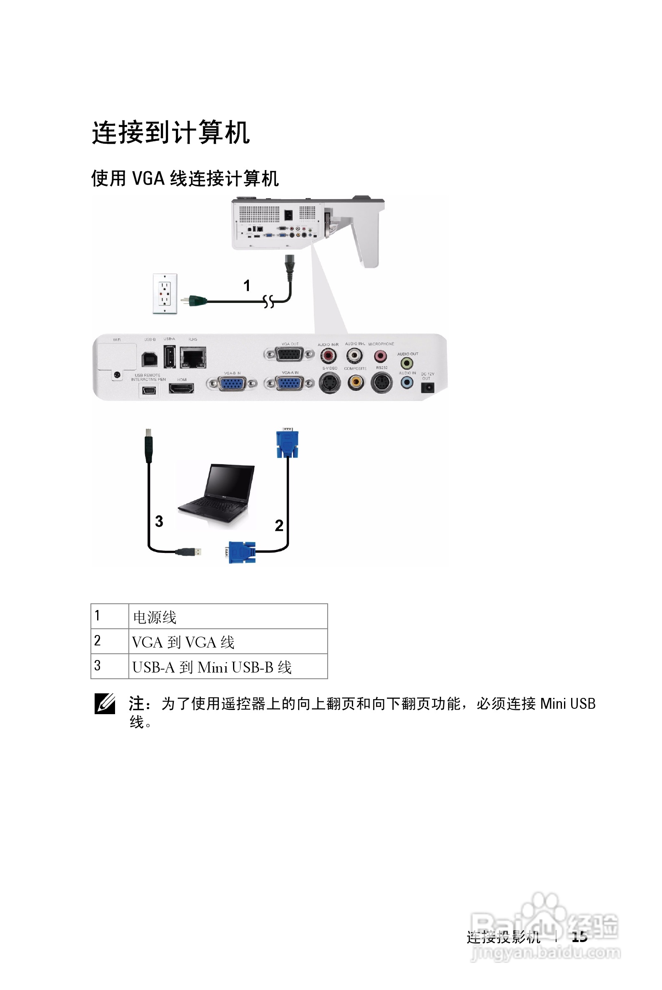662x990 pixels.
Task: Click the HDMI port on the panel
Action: click(181, 388)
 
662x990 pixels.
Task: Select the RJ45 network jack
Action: click(193, 357)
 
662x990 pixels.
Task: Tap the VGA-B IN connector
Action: click(232, 383)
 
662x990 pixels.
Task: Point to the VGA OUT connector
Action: click(289, 354)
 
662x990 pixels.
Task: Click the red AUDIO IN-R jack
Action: click(328, 356)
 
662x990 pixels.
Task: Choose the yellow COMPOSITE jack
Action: click(356, 382)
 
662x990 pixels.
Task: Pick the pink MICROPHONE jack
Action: click(380, 356)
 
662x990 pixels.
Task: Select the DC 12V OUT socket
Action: click(427, 387)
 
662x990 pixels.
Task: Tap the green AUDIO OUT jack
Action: click(406, 363)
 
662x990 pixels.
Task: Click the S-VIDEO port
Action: click(330, 383)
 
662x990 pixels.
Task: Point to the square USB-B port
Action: click(150, 359)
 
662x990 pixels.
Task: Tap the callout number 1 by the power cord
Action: click(247, 286)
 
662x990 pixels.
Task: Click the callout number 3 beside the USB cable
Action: click(159, 521)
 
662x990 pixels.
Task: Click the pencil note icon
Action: click(105, 703)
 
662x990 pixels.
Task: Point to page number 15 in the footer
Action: click(579, 937)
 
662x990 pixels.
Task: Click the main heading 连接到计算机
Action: click(171, 132)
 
